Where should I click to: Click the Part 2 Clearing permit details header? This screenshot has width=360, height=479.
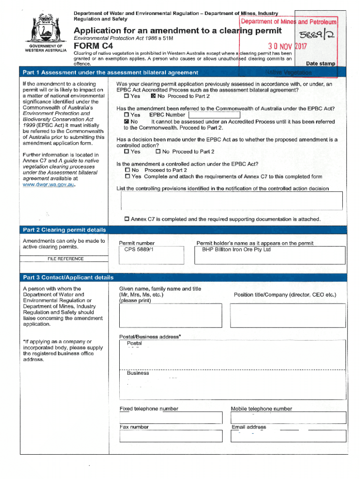65,230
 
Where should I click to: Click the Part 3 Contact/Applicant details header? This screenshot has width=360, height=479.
68,277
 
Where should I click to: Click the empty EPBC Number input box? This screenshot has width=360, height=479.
214,115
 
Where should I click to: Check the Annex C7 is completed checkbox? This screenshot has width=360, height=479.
127,219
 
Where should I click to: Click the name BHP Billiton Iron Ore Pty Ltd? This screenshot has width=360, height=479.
236,250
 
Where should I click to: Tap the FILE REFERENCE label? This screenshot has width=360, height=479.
65,259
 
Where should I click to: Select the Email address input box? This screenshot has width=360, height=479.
288,436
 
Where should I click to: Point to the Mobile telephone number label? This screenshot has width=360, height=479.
261,409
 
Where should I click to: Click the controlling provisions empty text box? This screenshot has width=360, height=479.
231,201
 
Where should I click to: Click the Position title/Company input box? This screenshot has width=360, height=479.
288,315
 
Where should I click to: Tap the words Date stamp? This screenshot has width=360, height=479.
320,64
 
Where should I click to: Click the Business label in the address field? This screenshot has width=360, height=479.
138,373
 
